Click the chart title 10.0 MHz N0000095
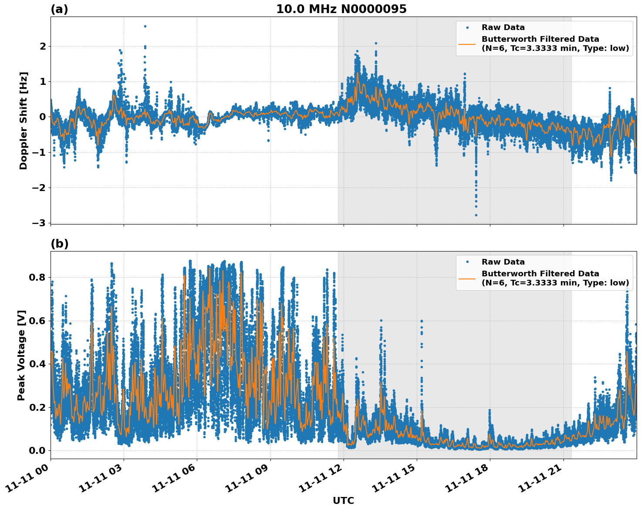click(341, 9)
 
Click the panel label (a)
click(59, 9)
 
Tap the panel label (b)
click(59, 244)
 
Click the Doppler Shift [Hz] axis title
click(24, 121)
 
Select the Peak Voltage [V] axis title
click(21, 355)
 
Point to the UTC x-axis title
click(343, 500)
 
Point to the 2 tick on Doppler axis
click(43, 46)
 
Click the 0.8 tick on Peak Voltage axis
click(37, 277)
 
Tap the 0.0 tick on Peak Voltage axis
click(37, 450)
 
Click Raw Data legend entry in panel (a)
click(503, 27)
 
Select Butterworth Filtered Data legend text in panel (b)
click(540, 274)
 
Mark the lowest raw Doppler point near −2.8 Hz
click(476, 215)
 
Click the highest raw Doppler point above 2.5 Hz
click(145, 26)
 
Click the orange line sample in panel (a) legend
click(467, 44)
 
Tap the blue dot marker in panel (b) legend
click(467, 262)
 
